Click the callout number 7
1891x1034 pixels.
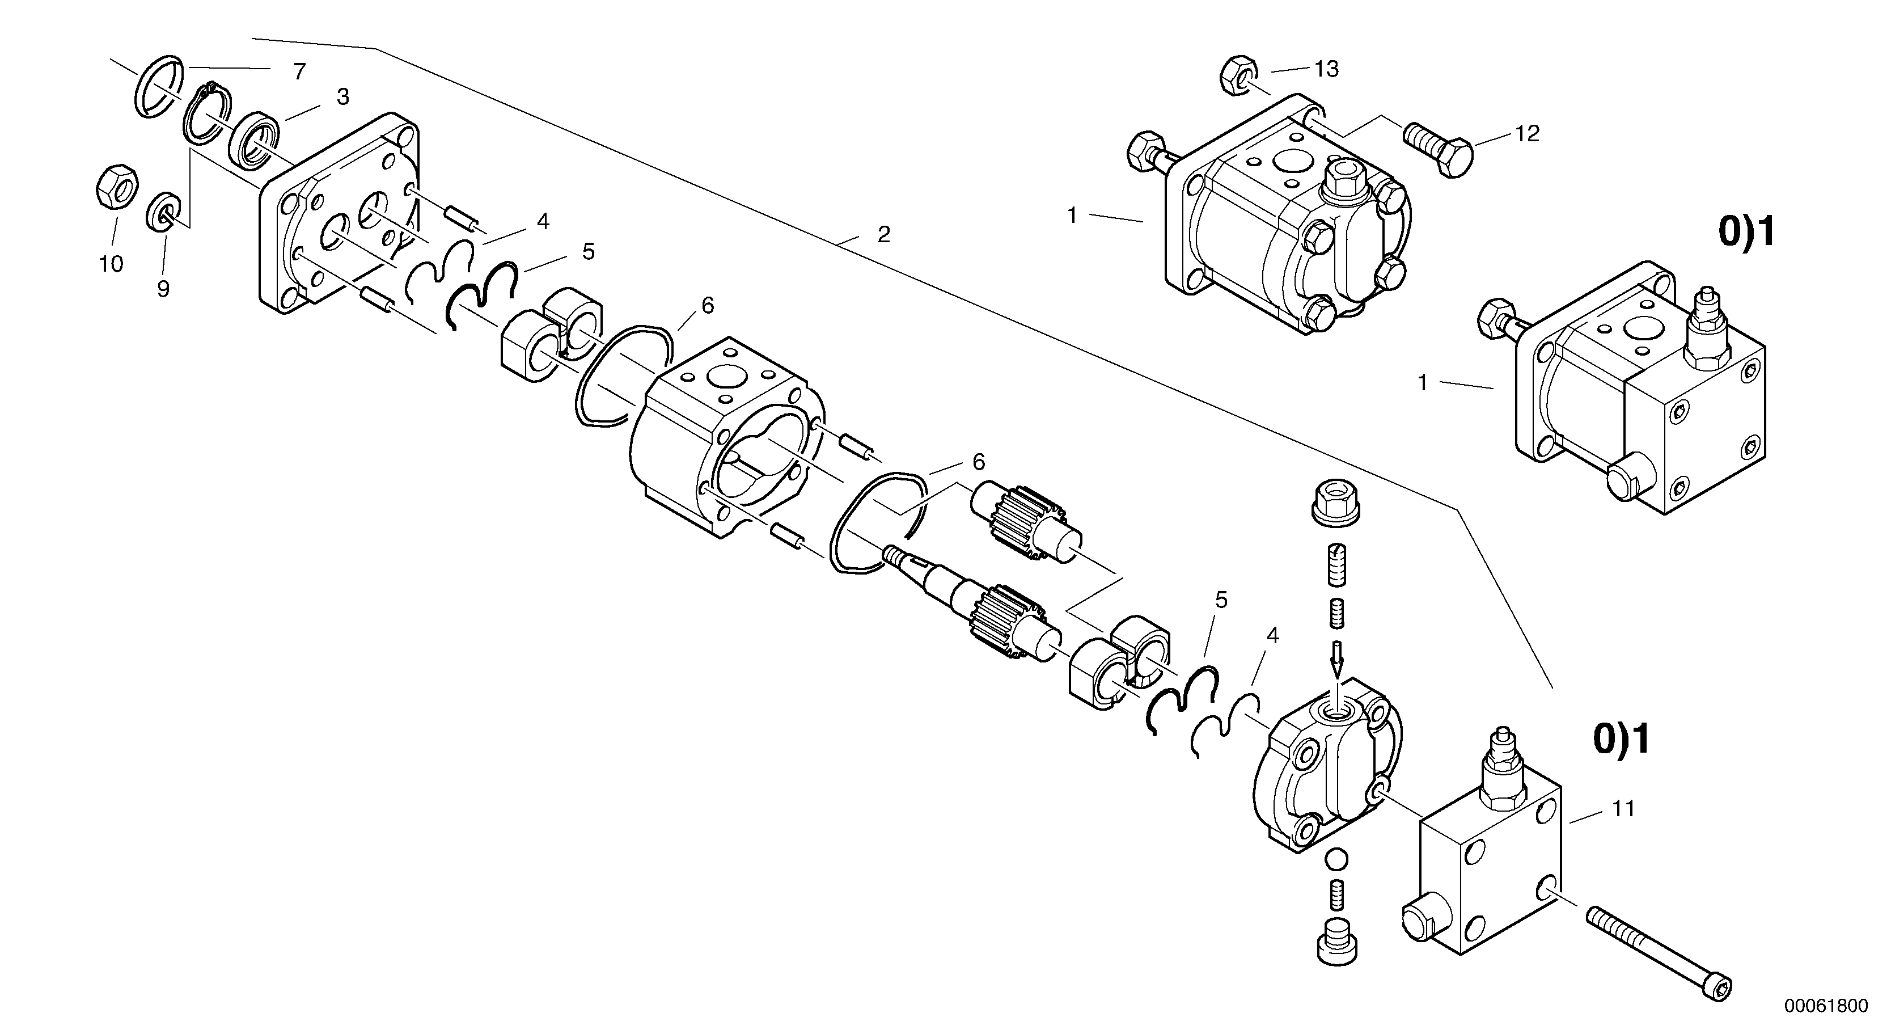click(299, 71)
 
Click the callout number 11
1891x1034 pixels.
click(1623, 809)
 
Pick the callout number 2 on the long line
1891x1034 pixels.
click(884, 235)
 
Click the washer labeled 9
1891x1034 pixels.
click(164, 213)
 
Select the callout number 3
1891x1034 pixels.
click(343, 97)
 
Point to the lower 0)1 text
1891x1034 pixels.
click(1621, 740)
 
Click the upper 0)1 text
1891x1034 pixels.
click(1746, 232)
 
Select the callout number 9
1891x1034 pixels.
click(163, 290)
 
